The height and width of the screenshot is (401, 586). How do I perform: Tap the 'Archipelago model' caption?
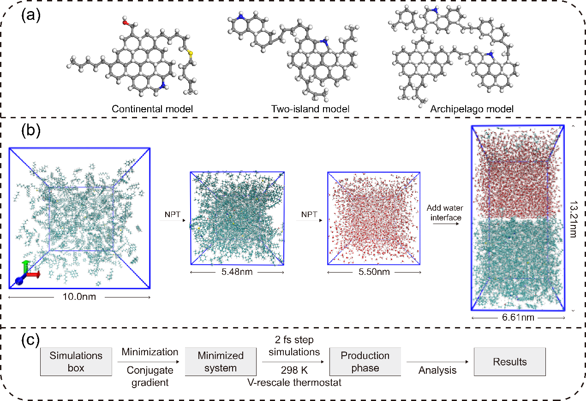pyautogui.click(x=472, y=109)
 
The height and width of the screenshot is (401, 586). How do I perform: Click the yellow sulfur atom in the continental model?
pyautogui.click(x=190, y=54)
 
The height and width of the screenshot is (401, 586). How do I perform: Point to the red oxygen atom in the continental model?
pyautogui.click(x=125, y=21)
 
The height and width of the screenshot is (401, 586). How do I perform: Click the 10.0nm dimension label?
pyautogui.click(x=79, y=297)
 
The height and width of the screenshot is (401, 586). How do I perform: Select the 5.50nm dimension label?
pyautogui.click(x=374, y=272)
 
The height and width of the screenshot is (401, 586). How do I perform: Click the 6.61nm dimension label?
pyautogui.click(x=518, y=318)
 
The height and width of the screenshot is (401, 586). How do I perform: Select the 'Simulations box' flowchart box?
pyautogui.click(x=76, y=362)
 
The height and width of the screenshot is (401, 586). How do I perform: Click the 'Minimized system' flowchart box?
pyautogui.click(x=221, y=362)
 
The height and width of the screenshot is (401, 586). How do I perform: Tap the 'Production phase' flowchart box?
pyautogui.click(x=365, y=362)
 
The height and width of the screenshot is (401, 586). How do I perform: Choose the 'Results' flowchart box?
pyautogui.click(x=510, y=362)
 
